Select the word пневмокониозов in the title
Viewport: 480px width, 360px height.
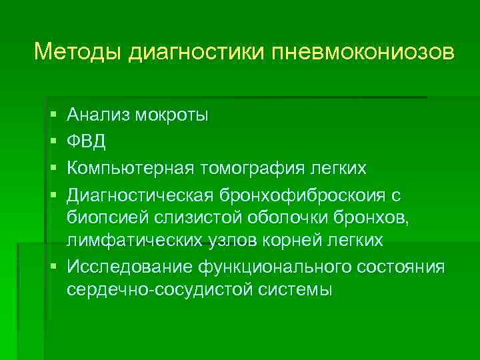(x=363, y=51)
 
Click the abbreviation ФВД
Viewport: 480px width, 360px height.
(x=85, y=141)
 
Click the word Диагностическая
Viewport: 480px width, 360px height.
(x=139, y=193)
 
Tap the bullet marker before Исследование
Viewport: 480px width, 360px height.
(x=53, y=267)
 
